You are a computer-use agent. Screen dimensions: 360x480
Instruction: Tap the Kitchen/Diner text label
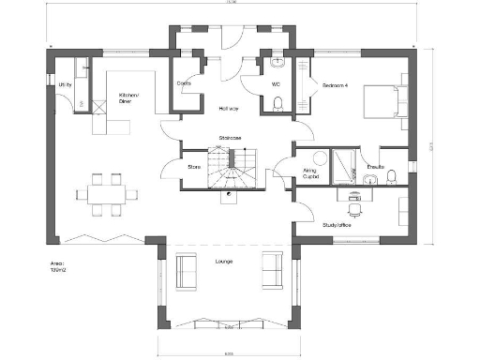[x=128, y=98]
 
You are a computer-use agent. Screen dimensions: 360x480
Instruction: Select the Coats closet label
[x=185, y=83]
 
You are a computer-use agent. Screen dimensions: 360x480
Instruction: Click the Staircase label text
[x=231, y=138]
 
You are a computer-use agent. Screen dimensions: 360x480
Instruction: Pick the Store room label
[x=195, y=168]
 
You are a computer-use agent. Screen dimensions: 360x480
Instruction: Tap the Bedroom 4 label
[x=337, y=85]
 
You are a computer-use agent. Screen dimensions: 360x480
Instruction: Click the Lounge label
[x=223, y=261]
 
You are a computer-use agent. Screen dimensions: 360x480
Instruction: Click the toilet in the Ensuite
[x=395, y=176]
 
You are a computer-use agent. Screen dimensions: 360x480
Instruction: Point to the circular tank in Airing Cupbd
[x=320, y=159]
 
